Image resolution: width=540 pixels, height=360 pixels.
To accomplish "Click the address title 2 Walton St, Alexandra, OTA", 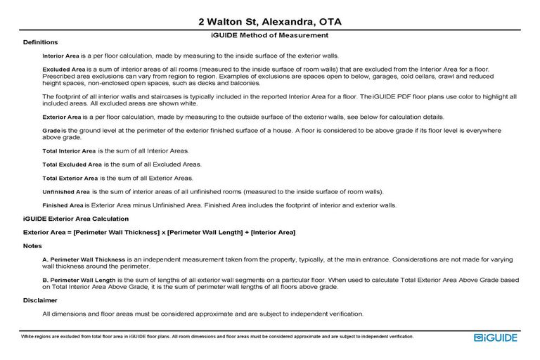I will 270,22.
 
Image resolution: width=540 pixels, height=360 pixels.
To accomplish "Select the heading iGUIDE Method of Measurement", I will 270,35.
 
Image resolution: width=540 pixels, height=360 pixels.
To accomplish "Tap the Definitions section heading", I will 40,43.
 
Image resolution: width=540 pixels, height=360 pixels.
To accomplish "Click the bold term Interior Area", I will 61,56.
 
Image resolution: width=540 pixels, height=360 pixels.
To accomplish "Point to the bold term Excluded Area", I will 63,70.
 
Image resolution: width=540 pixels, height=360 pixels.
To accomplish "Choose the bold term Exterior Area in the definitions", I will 63,117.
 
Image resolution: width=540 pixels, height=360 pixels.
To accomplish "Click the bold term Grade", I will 51,131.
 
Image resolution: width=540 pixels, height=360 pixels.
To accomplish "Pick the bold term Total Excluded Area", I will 72,165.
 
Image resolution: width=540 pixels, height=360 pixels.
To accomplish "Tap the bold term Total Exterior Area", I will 70,178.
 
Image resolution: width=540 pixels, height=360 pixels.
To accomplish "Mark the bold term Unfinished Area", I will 66,191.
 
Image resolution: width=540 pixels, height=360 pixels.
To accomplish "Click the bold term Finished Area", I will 63,205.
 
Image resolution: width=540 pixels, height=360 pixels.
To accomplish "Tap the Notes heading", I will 32,246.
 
